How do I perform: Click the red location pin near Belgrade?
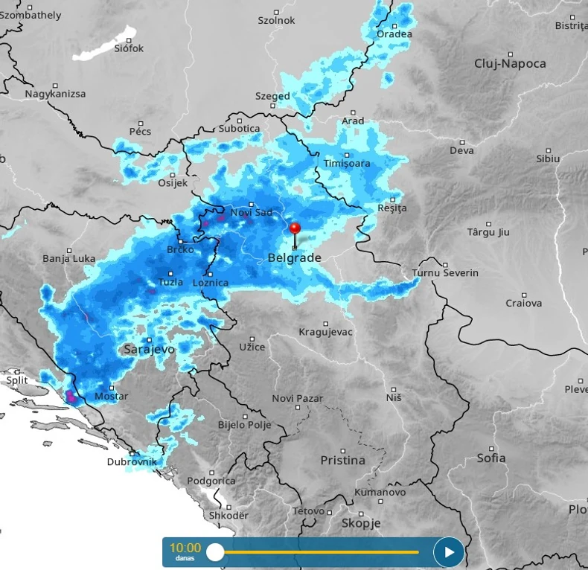(295, 229)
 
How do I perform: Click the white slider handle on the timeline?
(215, 552)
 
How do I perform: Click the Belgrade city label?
(294, 258)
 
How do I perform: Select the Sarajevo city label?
(149, 349)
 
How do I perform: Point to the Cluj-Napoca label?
(510, 64)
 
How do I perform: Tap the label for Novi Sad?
(252, 213)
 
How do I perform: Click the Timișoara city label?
(346, 163)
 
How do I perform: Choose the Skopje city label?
(360, 523)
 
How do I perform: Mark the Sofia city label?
(491, 458)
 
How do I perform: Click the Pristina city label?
(342, 461)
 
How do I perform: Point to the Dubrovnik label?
(132, 461)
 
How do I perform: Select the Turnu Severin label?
(445, 273)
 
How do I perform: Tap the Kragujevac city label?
(325, 332)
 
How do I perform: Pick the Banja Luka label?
(69, 258)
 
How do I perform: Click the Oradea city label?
(394, 34)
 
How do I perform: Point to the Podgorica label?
(211, 481)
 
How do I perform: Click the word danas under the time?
(185, 558)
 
